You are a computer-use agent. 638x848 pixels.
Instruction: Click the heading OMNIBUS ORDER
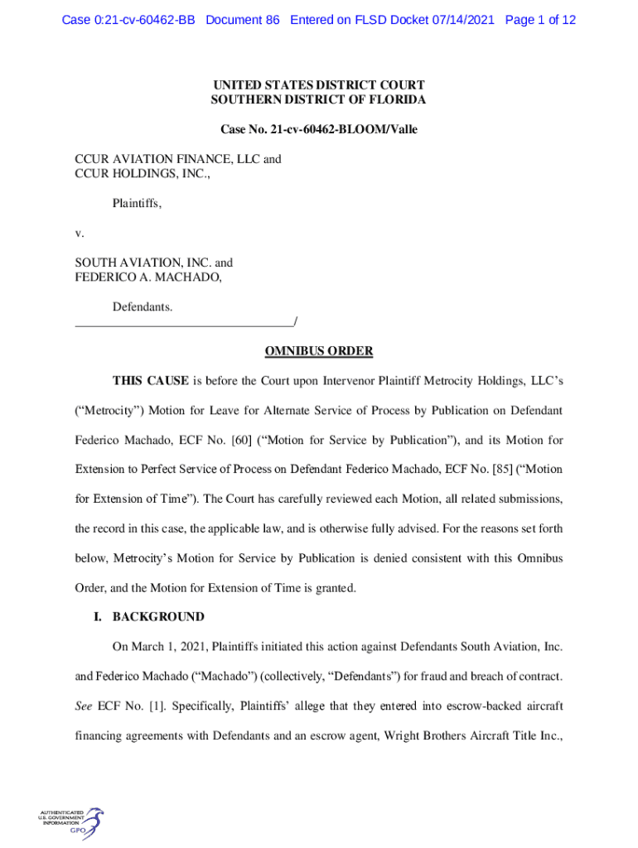pyautogui.click(x=319, y=351)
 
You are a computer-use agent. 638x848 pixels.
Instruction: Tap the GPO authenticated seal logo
pyautogui.click(x=71, y=825)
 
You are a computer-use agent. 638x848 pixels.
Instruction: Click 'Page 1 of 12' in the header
pyautogui.click(x=540, y=20)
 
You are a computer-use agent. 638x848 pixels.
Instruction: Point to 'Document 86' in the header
pyautogui.click(x=243, y=20)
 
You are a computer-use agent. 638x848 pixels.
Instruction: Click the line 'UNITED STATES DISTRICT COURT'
pyautogui.click(x=319, y=84)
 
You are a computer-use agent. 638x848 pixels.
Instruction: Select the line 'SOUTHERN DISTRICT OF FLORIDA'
pyautogui.click(x=319, y=100)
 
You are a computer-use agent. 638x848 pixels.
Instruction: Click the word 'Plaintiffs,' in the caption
pyautogui.click(x=137, y=202)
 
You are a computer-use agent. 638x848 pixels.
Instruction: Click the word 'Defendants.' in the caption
pyautogui.click(x=143, y=307)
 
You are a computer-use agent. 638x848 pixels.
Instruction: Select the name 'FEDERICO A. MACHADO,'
pyautogui.click(x=148, y=278)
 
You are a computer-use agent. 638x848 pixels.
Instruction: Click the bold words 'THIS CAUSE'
pyautogui.click(x=151, y=381)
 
